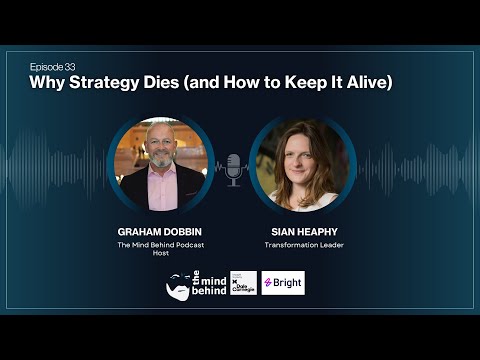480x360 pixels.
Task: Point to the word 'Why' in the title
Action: coord(46,81)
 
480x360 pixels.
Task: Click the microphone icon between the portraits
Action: coord(233,169)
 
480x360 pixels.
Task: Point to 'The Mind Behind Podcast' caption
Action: coord(160,244)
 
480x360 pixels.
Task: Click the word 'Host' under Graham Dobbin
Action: coord(160,254)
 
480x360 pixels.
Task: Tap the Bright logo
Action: coord(283,283)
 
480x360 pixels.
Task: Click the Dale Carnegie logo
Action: coord(243,282)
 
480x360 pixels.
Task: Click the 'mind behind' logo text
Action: coord(207,283)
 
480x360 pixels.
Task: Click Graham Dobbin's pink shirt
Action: coord(161,190)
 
